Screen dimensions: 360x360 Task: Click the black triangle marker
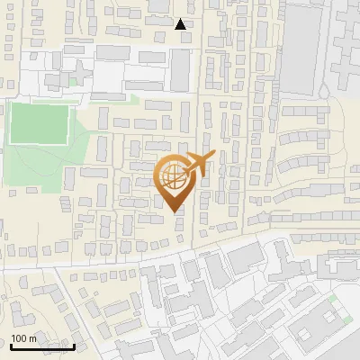point(181,24)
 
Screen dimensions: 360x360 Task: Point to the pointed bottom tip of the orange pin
point(175,212)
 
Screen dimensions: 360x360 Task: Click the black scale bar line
point(42,346)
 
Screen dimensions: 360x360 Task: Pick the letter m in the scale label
point(32,339)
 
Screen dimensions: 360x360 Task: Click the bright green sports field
point(40,123)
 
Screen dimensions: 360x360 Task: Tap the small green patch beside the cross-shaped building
point(73,82)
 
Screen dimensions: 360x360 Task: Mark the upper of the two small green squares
point(333,297)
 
